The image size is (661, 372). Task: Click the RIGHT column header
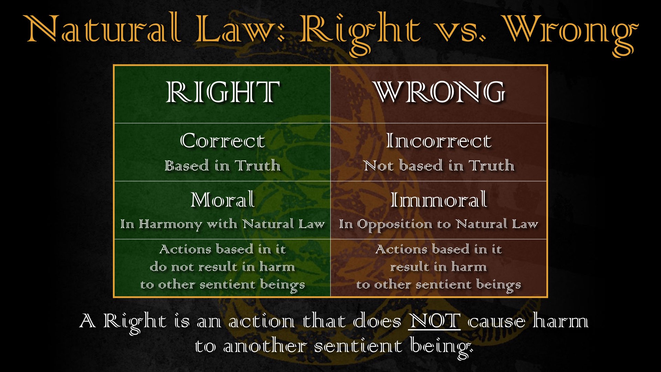click(222, 92)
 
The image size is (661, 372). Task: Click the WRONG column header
click(440, 92)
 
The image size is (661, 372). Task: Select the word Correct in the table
click(222, 141)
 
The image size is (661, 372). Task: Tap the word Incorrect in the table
click(439, 141)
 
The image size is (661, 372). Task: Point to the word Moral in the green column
click(223, 199)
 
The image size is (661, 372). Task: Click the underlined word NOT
click(434, 321)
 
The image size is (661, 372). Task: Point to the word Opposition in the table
click(395, 225)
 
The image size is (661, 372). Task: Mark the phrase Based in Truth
click(222, 166)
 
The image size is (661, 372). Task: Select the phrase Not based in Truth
click(439, 166)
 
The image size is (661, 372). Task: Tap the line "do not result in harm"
click(222, 267)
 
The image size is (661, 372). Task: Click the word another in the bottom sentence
click(265, 346)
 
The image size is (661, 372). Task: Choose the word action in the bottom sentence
click(262, 321)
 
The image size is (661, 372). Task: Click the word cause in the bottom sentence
click(496, 322)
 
